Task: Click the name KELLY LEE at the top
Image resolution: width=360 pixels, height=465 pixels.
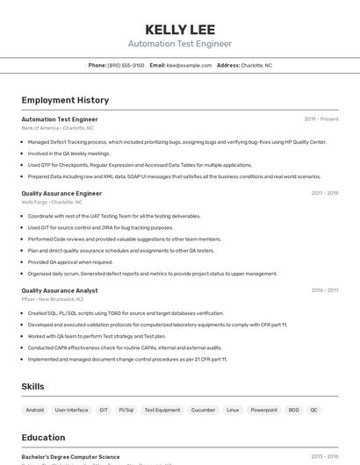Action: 179,29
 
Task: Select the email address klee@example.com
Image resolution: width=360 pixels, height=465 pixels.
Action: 189,65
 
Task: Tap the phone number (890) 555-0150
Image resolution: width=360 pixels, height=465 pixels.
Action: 126,65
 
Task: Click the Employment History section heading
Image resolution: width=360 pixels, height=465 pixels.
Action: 65,100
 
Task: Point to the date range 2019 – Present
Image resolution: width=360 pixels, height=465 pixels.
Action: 321,118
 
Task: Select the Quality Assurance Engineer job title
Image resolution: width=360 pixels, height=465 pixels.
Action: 61,193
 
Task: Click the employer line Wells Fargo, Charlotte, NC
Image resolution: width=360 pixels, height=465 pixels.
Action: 52,202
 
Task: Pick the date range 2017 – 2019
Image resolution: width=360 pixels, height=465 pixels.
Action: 325,193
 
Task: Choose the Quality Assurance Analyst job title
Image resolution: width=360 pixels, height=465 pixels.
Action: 60,290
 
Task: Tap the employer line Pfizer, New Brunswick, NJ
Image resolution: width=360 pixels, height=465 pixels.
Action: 53,299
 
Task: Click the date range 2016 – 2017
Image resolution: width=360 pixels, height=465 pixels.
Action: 325,290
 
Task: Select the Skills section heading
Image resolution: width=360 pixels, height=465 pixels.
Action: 32,386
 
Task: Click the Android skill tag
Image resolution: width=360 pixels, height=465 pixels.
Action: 35,410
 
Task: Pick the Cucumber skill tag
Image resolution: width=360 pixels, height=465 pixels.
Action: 203,410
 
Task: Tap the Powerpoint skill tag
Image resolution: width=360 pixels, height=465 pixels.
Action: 263,410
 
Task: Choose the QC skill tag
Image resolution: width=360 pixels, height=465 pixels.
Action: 314,410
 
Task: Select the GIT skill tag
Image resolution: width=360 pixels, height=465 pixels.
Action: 104,410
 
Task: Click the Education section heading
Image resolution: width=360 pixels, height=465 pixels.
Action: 43,437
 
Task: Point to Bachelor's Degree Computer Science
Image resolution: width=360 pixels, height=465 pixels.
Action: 70,456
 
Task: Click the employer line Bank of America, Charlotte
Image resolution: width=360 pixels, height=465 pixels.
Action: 57,128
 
